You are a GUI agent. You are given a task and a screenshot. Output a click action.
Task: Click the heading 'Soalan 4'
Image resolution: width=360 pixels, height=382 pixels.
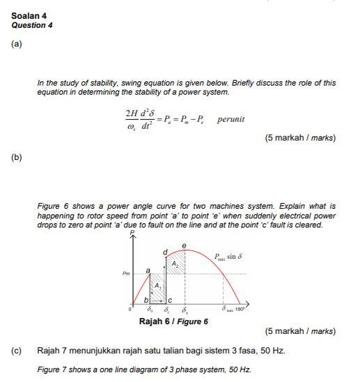29,15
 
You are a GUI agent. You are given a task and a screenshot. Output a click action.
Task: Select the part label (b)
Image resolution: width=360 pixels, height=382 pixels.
17,157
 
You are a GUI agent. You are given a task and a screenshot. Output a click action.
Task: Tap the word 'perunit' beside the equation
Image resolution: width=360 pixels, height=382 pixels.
230,119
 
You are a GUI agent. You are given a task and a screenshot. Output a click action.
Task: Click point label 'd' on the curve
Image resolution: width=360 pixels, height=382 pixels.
165,250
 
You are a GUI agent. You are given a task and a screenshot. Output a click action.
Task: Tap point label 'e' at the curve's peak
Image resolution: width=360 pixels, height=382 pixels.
184,244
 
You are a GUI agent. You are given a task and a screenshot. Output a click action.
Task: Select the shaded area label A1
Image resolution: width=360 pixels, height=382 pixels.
158,285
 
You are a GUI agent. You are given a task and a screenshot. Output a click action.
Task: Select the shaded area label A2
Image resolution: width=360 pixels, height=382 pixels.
175,262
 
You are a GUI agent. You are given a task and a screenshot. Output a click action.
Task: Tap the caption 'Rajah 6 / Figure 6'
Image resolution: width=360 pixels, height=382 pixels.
173,321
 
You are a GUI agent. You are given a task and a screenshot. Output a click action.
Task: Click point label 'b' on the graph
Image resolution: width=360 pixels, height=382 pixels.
146,300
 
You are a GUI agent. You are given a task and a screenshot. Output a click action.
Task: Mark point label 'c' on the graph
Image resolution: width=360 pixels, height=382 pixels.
168,300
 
